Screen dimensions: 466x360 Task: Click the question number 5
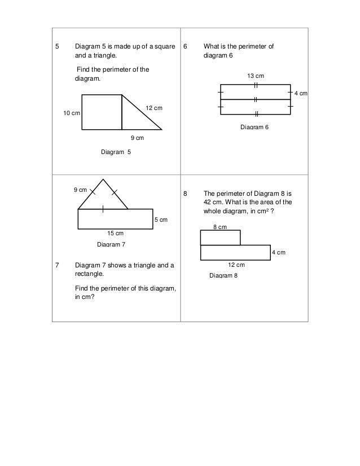tap(56, 46)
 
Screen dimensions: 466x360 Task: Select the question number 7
tap(56, 265)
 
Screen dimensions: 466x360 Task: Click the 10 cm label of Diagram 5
tap(71, 113)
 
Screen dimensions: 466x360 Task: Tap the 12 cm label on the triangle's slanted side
tap(153, 108)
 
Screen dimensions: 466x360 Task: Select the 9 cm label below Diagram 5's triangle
tap(137, 138)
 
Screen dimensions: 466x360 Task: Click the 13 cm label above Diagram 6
tap(256, 76)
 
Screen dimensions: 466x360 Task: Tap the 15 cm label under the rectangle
tap(115, 233)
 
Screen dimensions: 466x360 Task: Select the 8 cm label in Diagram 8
tap(219, 226)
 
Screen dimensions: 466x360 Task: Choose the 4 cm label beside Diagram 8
tap(278, 252)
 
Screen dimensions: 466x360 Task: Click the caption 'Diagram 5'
tap(115, 152)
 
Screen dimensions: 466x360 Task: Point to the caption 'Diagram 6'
tap(255, 128)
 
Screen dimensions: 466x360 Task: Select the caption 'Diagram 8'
tap(223, 275)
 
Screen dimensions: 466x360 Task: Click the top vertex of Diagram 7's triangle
tap(103, 179)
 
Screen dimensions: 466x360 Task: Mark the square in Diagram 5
tap(102, 112)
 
